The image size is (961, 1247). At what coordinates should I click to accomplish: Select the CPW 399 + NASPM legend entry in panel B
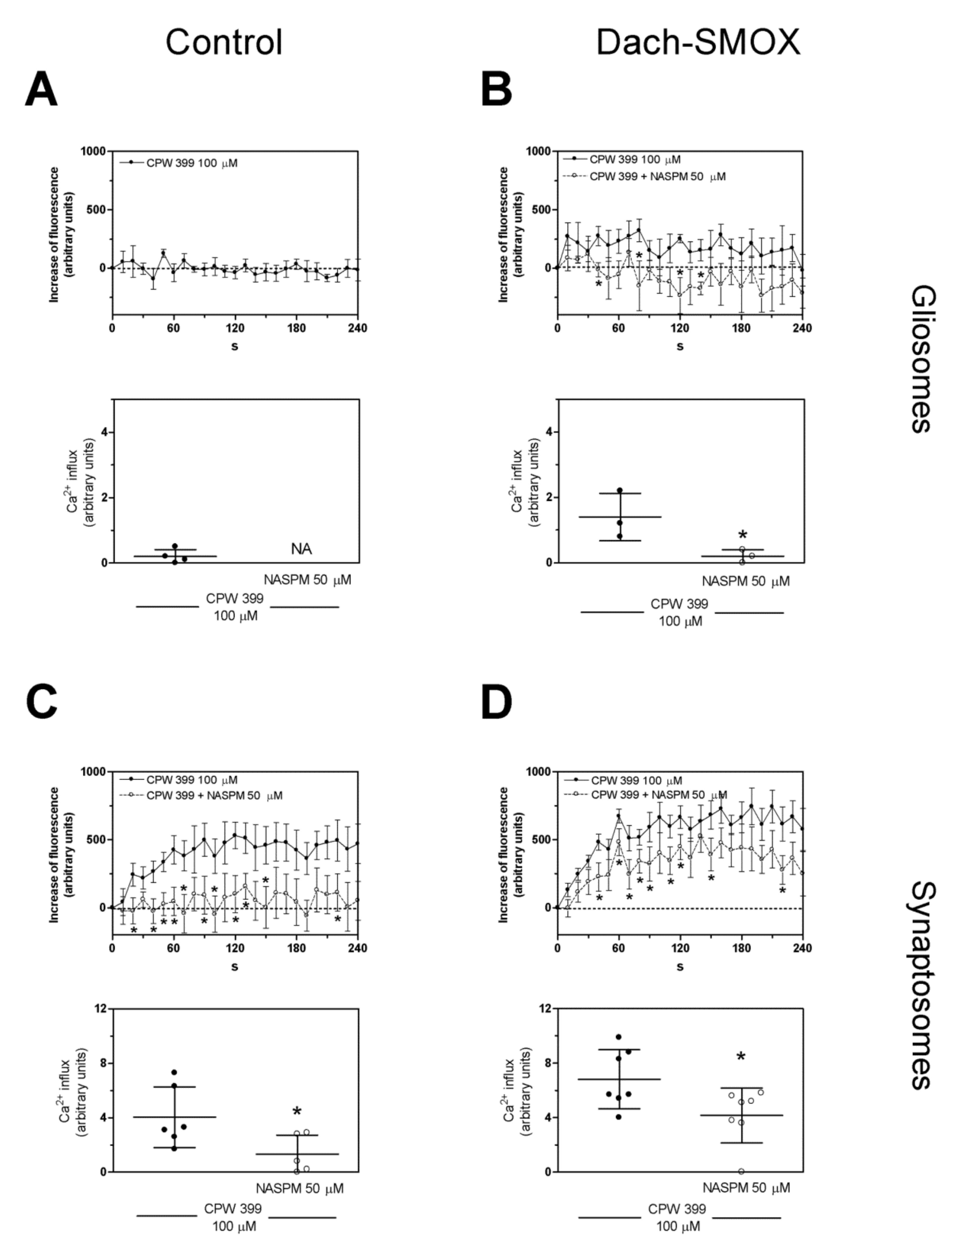tap(657, 177)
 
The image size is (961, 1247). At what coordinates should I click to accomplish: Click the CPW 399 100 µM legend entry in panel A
tap(191, 163)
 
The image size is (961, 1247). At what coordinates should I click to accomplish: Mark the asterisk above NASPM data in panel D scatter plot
tap(741, 1057)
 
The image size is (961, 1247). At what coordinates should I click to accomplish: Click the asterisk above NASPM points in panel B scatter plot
tap(742, 535)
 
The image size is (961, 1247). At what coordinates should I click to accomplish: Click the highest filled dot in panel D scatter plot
tap(618, 1037)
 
